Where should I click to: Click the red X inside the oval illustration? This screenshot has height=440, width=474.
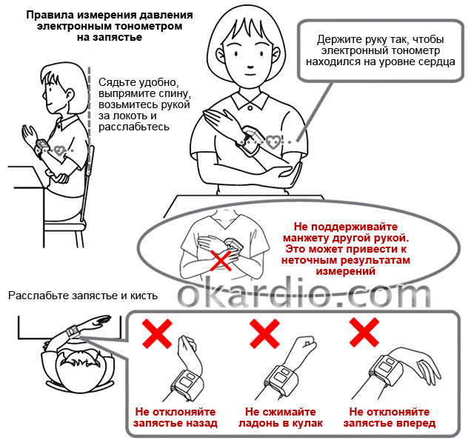click(x=220, y=259)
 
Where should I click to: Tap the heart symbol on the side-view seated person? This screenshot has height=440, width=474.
click(x=57, y=149)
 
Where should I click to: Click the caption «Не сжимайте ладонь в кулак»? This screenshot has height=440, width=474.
click(x=279, y=418)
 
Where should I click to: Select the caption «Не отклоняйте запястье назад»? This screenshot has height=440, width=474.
click(x=176, y=418)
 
